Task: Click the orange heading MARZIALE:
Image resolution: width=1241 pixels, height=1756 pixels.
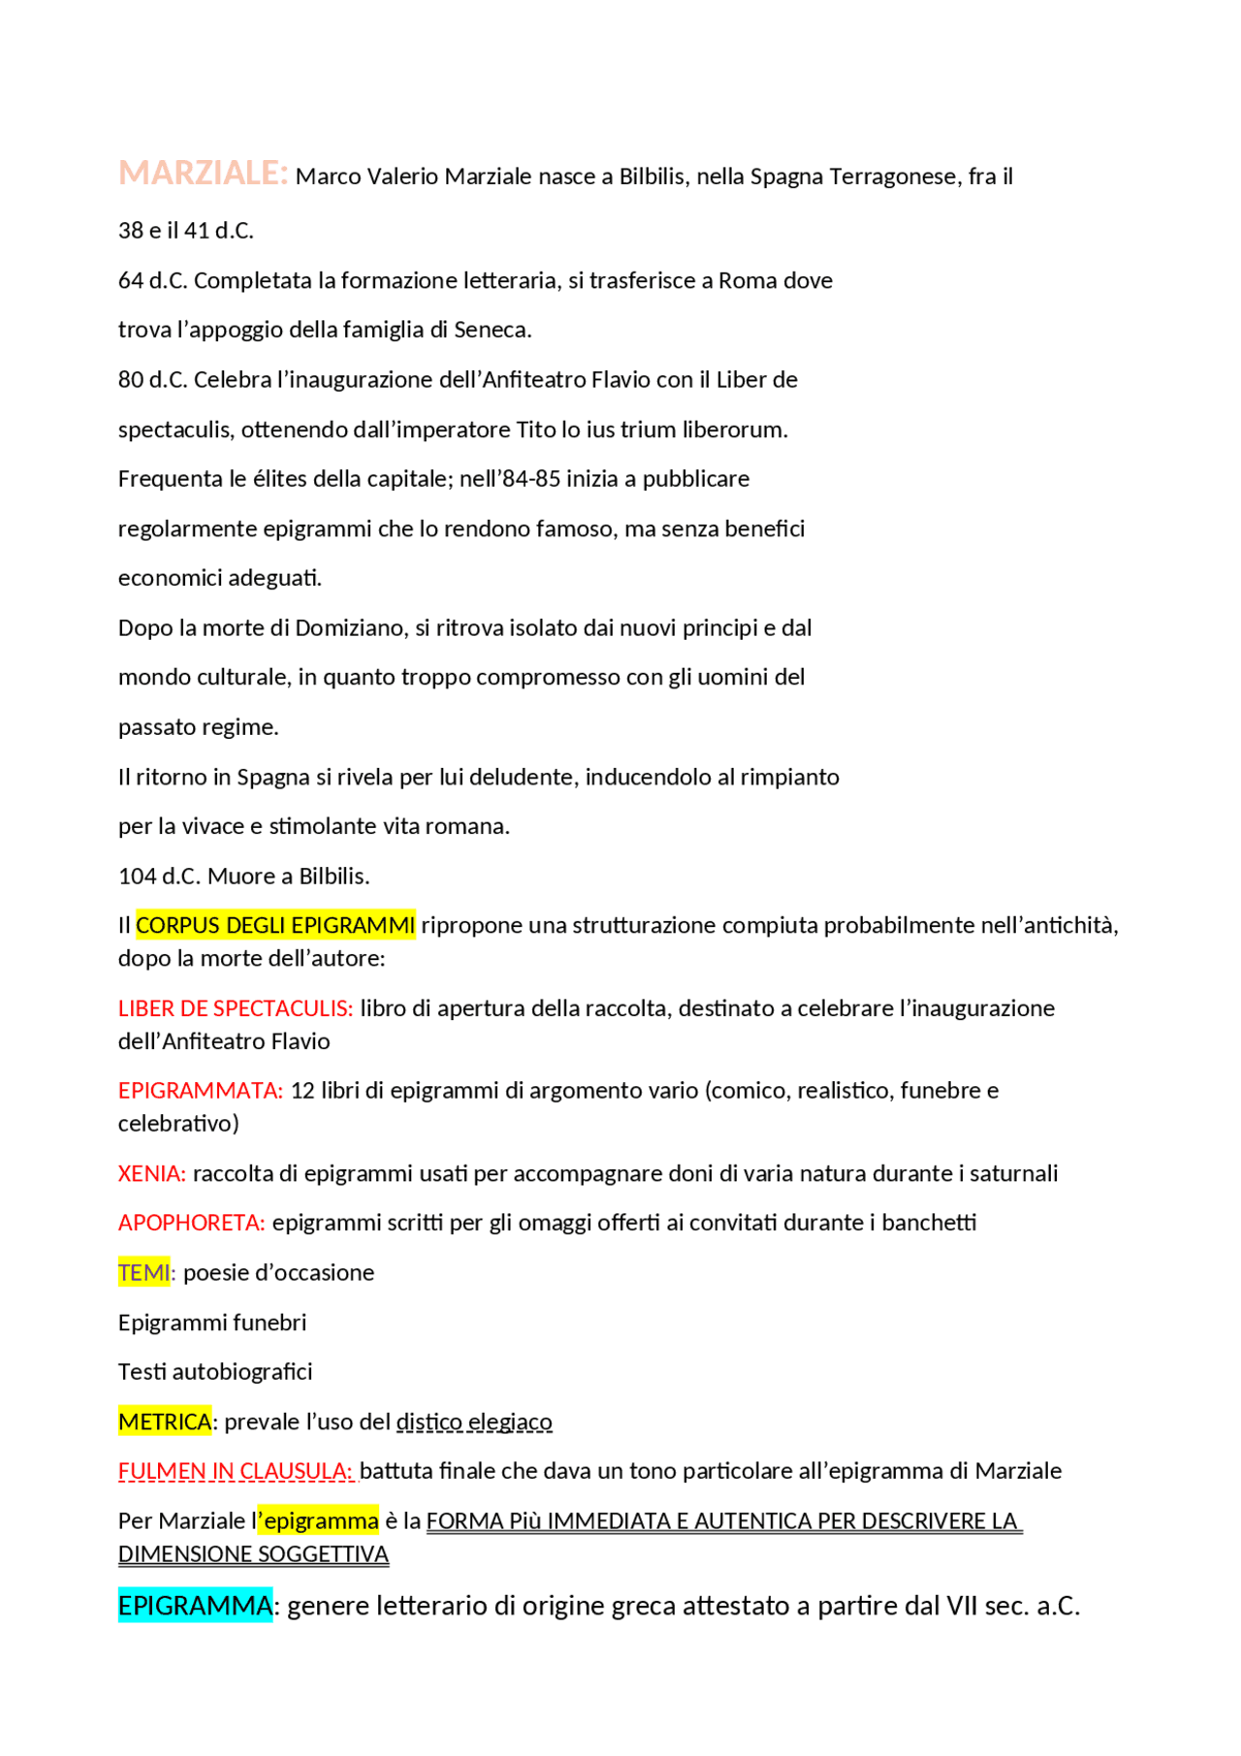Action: click(203, 174)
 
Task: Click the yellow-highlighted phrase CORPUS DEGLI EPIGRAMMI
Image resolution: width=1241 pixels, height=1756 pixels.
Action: click(275, 926)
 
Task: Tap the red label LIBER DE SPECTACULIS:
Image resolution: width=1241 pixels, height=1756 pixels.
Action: click(236, 1008)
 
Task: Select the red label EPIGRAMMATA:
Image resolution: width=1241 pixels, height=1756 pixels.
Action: click(201, 1091)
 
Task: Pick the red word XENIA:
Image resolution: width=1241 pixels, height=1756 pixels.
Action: click(152, 1174)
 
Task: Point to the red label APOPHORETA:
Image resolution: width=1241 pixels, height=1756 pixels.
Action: click(192, 1223)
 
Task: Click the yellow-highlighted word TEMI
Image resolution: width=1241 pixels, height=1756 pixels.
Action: click(143, 1273)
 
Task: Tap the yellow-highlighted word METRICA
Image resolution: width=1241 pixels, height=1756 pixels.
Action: click(165, 1422)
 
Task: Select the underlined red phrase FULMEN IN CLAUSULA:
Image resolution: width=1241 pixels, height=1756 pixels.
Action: click(236, 1472)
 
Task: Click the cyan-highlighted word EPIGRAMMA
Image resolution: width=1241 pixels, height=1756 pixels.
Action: click(195, 1607)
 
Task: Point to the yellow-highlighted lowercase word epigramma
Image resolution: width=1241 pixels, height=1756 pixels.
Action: click(321, 1521)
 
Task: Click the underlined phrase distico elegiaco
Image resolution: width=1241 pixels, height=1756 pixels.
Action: click(474, 1422)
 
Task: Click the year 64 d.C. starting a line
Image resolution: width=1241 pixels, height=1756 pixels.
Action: click(152, 281)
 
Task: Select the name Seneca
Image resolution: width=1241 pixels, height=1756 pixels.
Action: click(492, 331)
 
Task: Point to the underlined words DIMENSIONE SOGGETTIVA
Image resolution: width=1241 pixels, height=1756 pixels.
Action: click(253, 1554)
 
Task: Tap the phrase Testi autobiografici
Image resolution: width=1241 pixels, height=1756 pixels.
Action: click(215, 1372)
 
